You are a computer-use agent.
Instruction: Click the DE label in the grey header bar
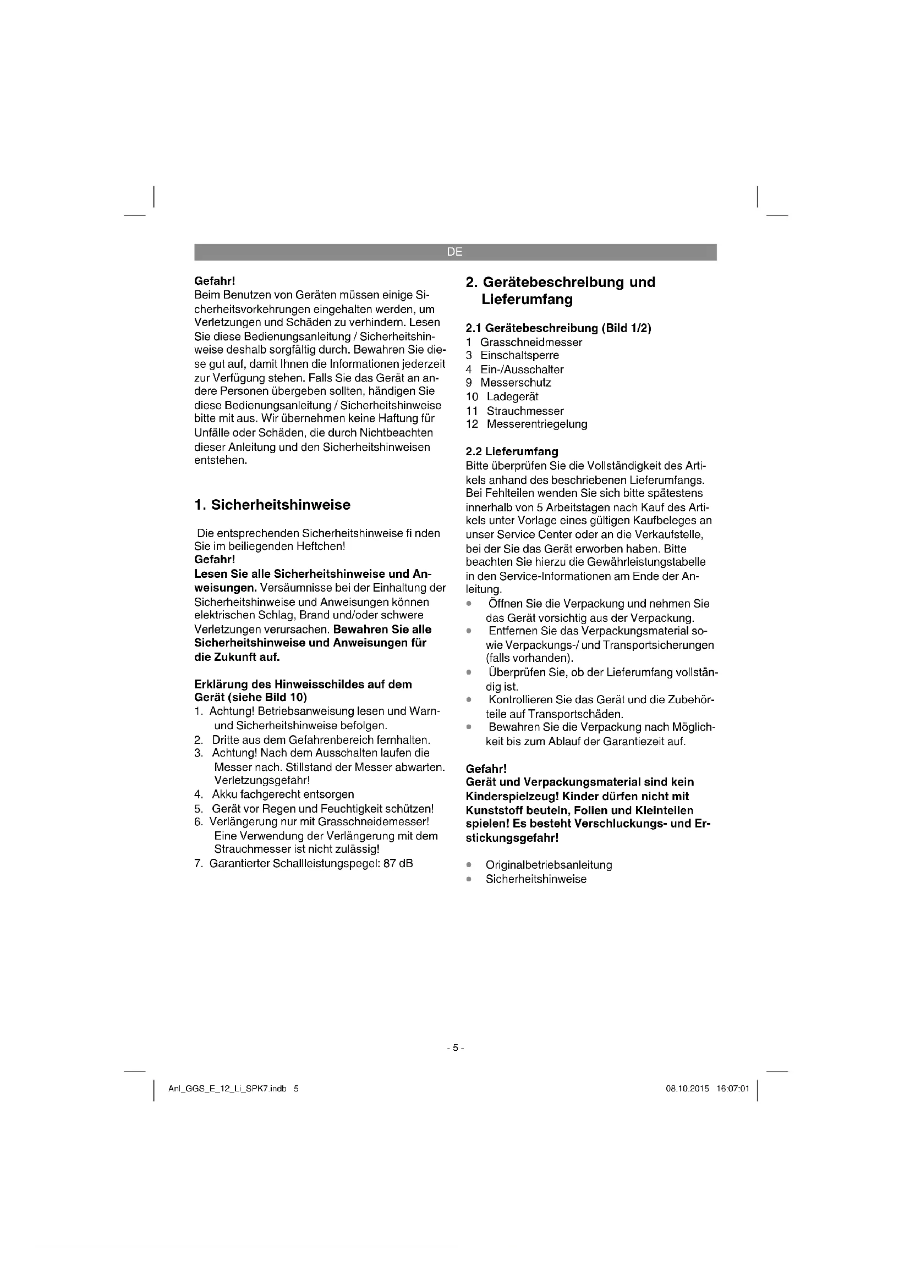click(454, 252)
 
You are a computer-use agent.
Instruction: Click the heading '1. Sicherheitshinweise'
click(272, 505)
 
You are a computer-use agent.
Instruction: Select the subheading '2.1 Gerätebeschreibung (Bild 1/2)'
click(558, 328)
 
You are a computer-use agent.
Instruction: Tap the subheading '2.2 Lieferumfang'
click(512, 451)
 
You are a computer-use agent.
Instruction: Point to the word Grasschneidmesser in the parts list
click(531, 342)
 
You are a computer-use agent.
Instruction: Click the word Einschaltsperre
click(519, 355)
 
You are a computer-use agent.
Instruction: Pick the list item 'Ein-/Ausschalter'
click(522, 369)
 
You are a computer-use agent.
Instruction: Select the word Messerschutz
click(516, 383)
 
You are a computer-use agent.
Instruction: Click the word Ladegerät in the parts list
click(512, 396)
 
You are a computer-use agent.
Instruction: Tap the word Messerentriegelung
click(537, 424)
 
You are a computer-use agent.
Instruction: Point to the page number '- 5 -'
click(455, 1048)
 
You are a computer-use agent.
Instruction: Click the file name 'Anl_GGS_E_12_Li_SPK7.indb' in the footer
click(228, 1089)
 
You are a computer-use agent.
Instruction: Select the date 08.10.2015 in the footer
click(687, 1089)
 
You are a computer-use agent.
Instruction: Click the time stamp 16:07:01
click(732, 1089)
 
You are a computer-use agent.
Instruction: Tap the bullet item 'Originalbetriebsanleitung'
click(549, 865)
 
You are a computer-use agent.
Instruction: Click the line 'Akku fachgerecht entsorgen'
click(283, 794)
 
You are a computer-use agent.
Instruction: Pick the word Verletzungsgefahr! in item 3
click(262, 780)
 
